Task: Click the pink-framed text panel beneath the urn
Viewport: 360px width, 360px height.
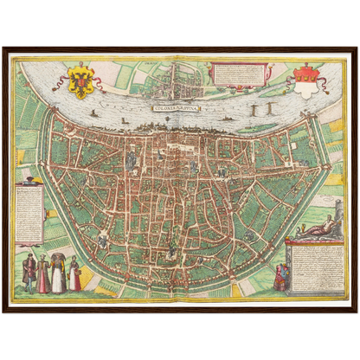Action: (x=30, y=213)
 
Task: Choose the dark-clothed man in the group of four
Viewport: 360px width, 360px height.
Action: (x=29, y=273)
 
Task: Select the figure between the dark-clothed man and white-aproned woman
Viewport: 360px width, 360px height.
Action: (x=43, y=274)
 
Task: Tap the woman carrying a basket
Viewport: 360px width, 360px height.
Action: (x=75, y=274)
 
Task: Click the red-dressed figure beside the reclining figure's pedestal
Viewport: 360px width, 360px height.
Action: (x=280, y=278)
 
